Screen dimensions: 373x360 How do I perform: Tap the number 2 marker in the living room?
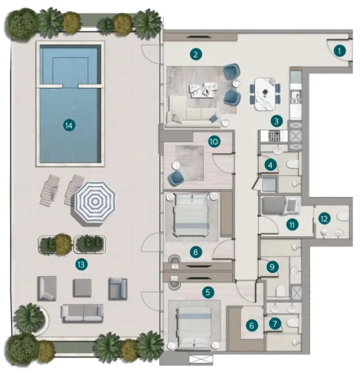(196, 54)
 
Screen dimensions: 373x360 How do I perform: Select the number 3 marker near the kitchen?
(277, 121)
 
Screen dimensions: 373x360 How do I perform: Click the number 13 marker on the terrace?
(80, 264)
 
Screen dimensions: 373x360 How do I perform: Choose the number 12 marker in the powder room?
(324, 218)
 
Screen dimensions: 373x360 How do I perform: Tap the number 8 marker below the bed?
(196, 252)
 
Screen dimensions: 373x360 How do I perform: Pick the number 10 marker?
(213, 141)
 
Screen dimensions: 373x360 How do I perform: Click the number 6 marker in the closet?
(252, 325)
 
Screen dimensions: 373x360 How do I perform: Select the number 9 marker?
(271, 267)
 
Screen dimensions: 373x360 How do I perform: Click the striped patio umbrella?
(95, 201)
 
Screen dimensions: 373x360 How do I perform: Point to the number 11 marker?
(290, 225)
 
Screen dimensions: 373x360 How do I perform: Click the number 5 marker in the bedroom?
(208, 290)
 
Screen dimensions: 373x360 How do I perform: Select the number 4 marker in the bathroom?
(269, 165)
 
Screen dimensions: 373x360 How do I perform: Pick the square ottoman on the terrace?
(82, 287)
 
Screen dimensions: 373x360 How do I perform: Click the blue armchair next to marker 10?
(177, 178)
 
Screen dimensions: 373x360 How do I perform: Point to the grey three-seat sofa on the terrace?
(82, 313)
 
